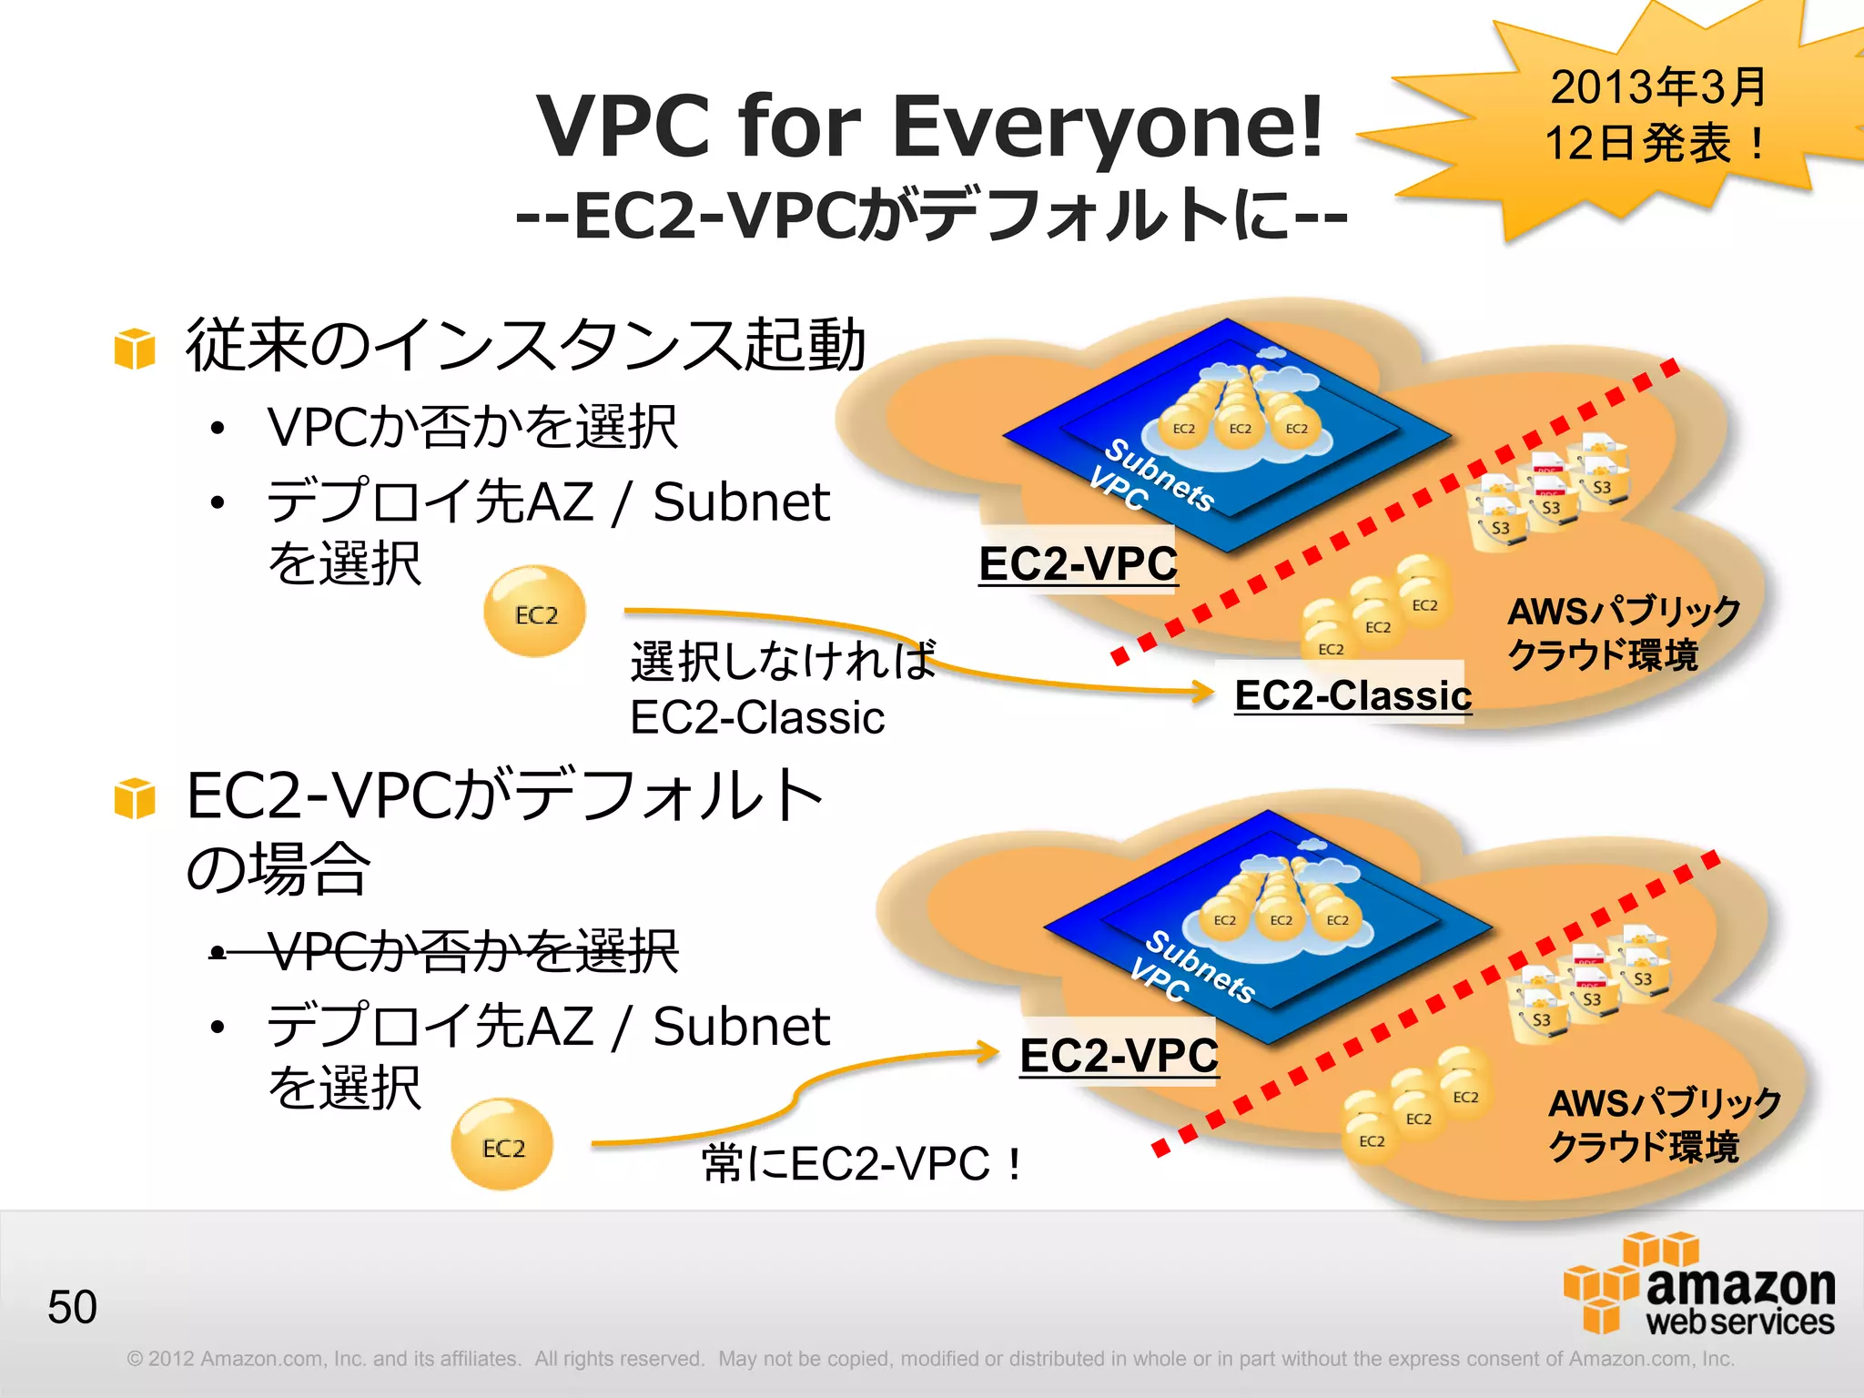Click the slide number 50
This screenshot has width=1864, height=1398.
[x=72, y=1307]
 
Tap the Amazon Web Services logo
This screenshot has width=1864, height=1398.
[x=1699, y=1284]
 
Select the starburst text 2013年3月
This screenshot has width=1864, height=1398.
[x=1658, y=87]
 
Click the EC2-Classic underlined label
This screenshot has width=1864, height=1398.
[x=1352, y=695]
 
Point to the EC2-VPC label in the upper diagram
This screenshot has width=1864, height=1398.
[x=1078, y=563]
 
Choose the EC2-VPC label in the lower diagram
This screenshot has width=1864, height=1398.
[x=1119, y=1056]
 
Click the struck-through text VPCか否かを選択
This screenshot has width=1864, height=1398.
[x=471, y=952]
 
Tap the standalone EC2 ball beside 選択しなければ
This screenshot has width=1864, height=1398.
[x=535, y=613]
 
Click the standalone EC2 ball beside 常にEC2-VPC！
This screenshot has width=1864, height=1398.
[x=502, y=1145]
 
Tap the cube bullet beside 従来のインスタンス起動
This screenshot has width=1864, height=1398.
[x=135, y=349]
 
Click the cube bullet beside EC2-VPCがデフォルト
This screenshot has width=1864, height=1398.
[x=135, y=798]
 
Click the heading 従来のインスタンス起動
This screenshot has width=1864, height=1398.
[x=525, y=346]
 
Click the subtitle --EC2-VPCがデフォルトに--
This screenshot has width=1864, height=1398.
[x=930, y=217]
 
